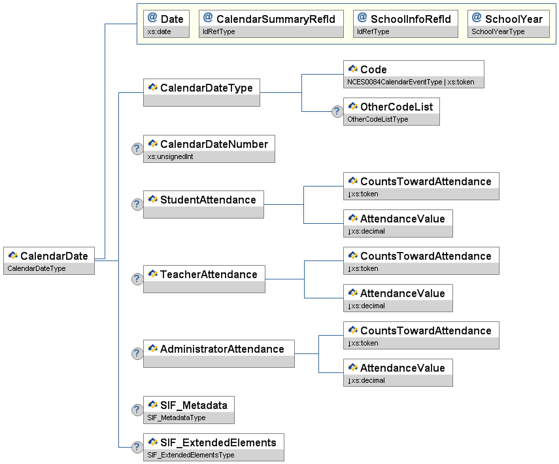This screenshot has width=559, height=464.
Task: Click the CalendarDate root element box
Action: [49, 260]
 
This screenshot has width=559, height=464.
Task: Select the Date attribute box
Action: [166, 24]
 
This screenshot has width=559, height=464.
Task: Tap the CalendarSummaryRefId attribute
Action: [271, 24]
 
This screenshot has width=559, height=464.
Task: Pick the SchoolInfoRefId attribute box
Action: [405, 24]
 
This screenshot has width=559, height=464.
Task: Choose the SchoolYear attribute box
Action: [509, 24]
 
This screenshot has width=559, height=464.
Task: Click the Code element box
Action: [414, 74]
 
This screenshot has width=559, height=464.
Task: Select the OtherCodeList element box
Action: [392, 111]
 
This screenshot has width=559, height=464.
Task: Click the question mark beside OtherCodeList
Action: [337, 111]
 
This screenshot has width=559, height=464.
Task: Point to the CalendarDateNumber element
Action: [209, 149]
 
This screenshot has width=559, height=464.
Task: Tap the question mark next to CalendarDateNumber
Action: [137, 149]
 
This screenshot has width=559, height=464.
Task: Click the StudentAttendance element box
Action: [203, 205]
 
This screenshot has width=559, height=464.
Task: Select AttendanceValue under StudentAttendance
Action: [398, 223]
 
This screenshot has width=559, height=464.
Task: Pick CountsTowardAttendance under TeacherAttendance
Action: [421, 260]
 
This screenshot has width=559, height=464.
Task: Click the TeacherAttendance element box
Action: [204, 279]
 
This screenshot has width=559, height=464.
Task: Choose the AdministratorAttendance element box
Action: [219, 353]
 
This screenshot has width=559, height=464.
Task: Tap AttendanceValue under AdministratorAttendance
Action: [398, 372]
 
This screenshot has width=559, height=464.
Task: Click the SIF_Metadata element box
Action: [189, 410]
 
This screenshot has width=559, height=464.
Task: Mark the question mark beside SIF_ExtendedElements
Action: [137, 447]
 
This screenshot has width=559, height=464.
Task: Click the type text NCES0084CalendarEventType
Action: [395, 82]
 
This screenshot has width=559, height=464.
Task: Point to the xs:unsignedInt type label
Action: [170, 156]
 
